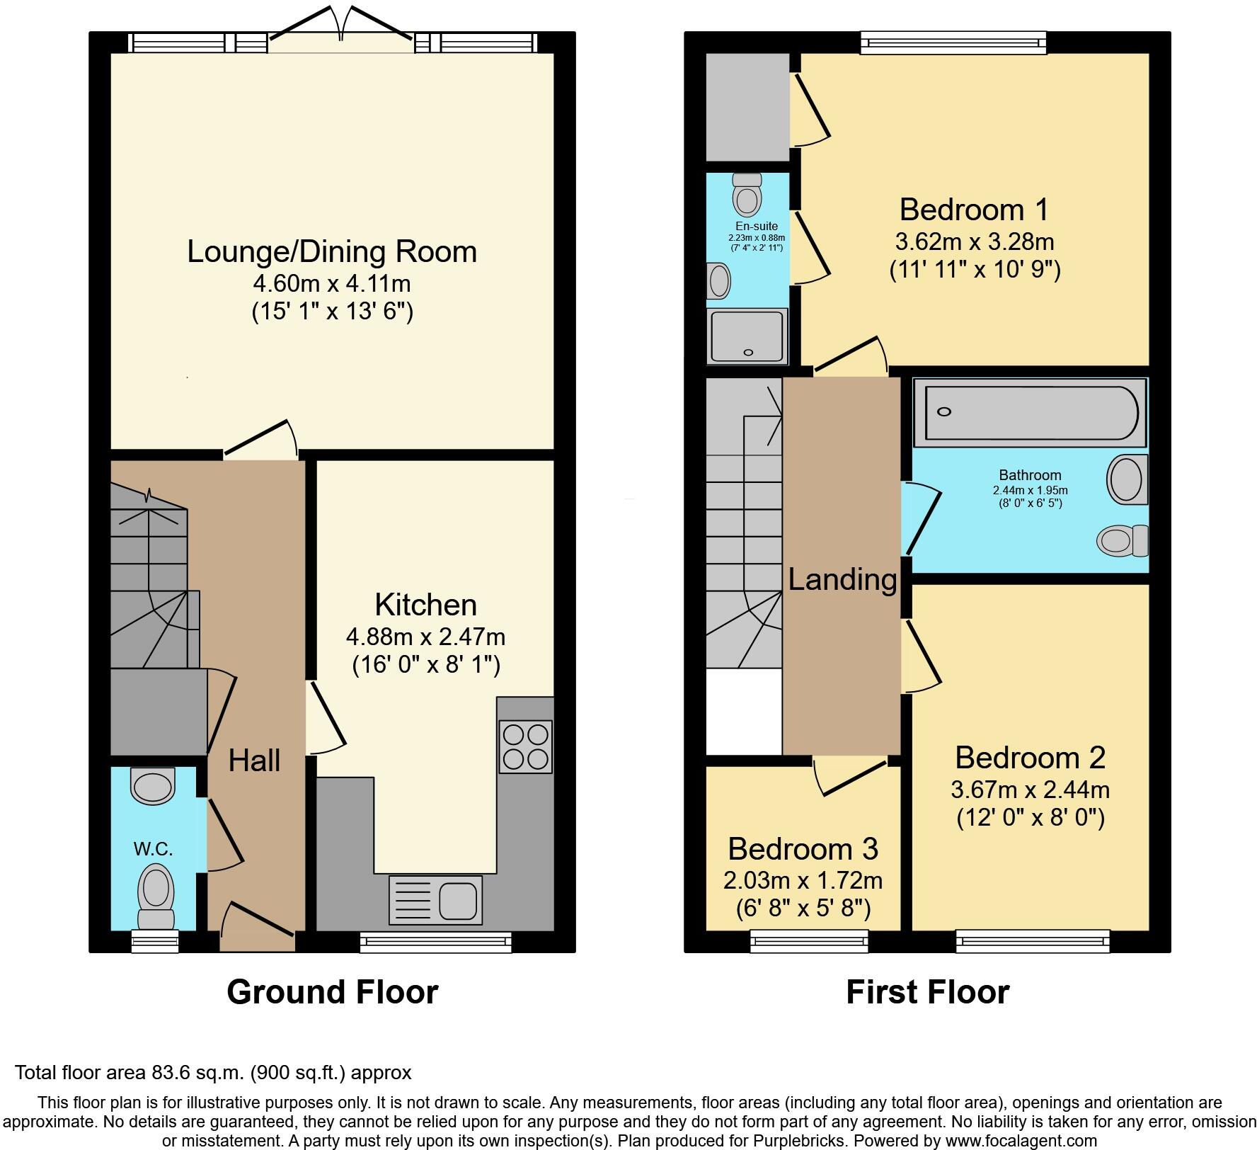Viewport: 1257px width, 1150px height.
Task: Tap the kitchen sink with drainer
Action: click(x=435, y=899)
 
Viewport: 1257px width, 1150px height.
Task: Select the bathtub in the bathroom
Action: click(x=1029, y=412)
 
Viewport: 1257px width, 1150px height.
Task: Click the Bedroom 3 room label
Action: click(x=803, y=848)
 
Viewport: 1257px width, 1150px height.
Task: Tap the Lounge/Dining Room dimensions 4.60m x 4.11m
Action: click(x=332, y=283)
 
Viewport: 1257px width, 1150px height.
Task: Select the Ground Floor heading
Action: click(x=332, y=991)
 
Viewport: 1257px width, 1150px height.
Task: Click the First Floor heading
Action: click(x=927, y=991)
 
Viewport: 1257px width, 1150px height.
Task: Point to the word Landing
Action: click(x=842, y=579)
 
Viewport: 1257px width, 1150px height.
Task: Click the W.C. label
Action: click(x=153, y=848)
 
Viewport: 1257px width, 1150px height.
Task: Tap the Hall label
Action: click(x=254, y=761)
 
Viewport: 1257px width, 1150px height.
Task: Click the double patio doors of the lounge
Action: click(x=342, y=35)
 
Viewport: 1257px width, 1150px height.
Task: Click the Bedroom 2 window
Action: click(x=1033, y=941)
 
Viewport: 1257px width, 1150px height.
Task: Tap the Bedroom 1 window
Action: click(x=953, y=42)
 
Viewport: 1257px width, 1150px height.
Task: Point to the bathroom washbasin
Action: click(x=1127, y=480)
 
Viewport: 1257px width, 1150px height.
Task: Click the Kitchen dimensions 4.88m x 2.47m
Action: click(x=425, y=637)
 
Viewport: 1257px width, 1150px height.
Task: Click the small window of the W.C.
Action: click(x=155, y=941)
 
